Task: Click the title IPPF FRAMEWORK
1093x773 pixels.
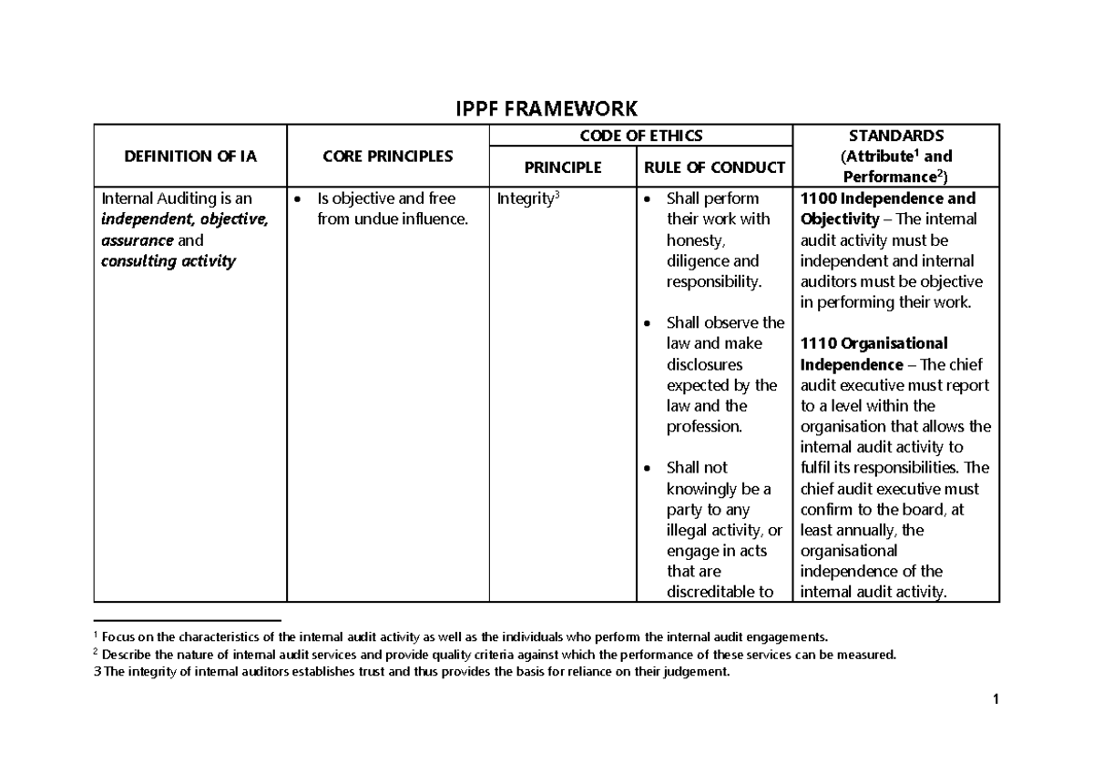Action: [x=546, y=110]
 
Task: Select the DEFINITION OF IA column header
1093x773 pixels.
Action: [x=191, y=157]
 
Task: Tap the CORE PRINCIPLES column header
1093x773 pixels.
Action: [x=388, y=157]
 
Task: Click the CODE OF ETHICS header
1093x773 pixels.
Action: [x=642, y=136]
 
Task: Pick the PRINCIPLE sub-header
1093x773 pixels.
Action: [x=562, y=168]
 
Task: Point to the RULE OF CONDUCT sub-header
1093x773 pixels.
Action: [x=714, y=168]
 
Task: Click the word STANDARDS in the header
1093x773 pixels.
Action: [x=897, y=136]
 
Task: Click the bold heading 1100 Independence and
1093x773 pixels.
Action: [x=888, y=198]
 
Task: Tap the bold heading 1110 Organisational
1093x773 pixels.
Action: [x=874, y=343]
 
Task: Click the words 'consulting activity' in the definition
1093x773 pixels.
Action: [x=169, y=261]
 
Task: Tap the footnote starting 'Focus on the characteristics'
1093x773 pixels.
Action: [x=465, y=636]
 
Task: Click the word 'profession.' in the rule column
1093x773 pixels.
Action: [x=704, y=427]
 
